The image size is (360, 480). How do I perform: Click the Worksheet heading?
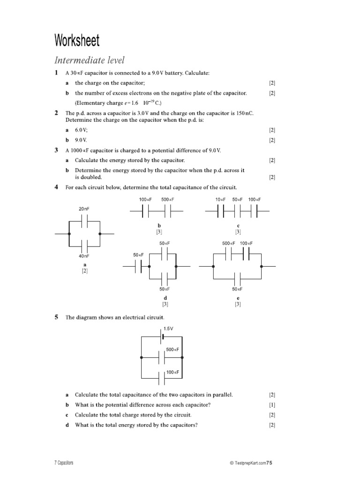pos(77,41)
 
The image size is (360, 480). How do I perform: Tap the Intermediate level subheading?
pos(90,60)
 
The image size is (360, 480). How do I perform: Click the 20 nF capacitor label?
pos(84,209)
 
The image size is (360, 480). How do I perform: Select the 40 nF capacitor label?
pos(84,256)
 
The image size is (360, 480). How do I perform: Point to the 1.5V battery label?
pos(168,329)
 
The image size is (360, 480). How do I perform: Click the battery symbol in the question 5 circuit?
pos(162,336)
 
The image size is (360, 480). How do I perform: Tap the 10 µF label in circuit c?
pos(220,199)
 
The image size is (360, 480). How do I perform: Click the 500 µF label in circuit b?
pos(167,199)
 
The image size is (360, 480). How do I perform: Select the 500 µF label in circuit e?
pos(229,243)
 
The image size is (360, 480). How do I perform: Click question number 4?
pos(56,187)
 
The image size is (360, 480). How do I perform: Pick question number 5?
pos(56,317)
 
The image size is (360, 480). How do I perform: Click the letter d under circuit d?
pos(165,298)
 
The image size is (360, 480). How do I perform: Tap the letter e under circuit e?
pos(238,298)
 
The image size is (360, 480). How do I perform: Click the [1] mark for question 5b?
pos(272,405)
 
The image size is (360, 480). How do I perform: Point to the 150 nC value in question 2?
pos(244,113)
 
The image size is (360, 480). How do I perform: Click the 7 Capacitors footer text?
pos(64,463)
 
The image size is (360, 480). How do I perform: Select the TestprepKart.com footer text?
pos(248,463)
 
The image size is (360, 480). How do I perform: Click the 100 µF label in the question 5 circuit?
pos(173,372)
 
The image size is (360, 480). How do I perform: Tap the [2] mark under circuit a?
pos(85,271)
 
